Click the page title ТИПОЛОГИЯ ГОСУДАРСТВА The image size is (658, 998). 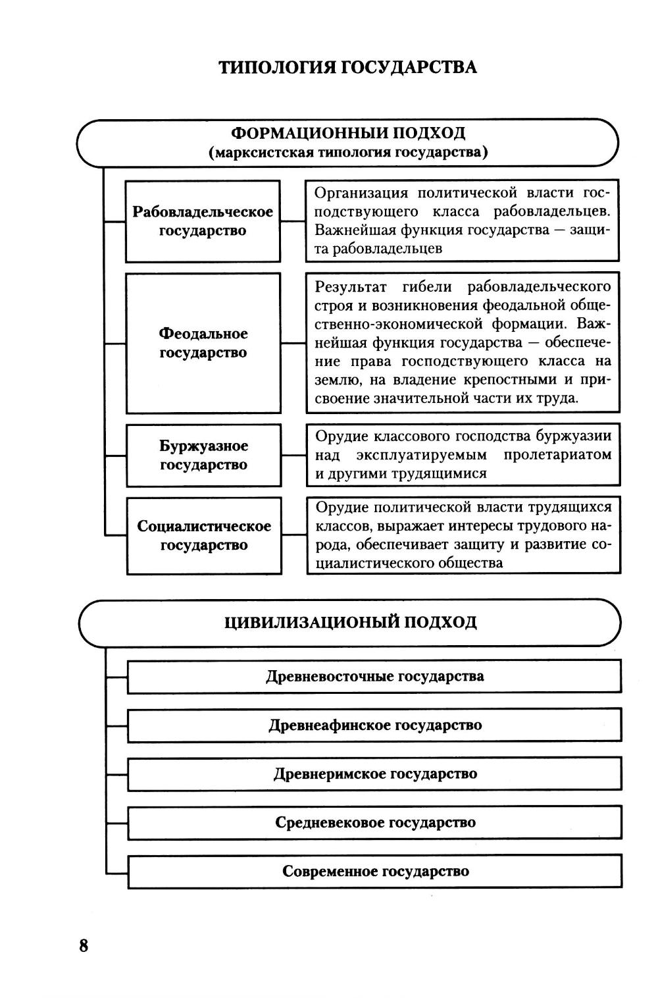(x=347, y=68)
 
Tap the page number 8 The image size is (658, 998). (x=84, y=946)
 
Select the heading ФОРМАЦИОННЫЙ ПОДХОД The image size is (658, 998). (x=349, y=133)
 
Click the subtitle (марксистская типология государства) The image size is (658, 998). (x=349, y=153)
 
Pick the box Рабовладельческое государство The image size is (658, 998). (x=203, y=221)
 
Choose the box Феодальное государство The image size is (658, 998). (x=203, y=343)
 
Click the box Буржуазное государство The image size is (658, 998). (x=203, y=455)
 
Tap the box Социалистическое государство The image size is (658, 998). (x=204, y=535)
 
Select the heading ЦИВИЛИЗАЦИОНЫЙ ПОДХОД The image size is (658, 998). (x=350, y=622)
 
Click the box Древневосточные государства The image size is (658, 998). (x=374, y=676)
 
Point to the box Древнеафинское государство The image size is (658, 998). (x=374, y=725)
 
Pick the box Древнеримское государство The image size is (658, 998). (x=375, y=774)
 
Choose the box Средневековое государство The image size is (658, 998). (x=375, y=822)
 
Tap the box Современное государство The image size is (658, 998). (x=375, y=871)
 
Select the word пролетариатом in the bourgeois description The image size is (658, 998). (x=557, y=455)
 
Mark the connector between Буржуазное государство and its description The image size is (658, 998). (x=293, y=455)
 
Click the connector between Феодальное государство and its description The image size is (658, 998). (x=293, y=343)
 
